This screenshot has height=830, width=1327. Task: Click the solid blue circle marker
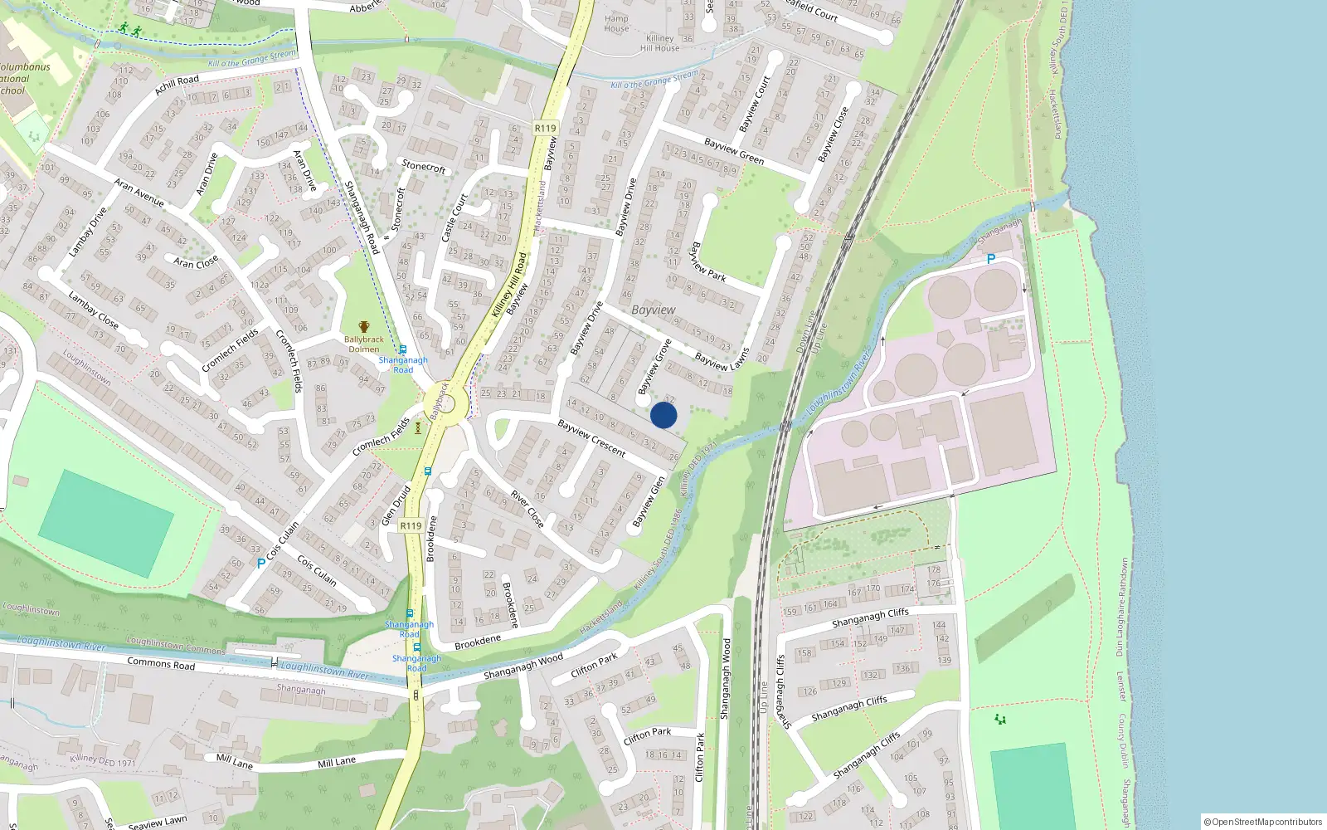pyautogui.click(x=663, y=415)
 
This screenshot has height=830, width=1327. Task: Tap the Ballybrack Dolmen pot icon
pyautogui.click(x=364, y=327)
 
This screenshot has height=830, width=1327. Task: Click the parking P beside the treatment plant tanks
pyautogui.click(x=990, y=260)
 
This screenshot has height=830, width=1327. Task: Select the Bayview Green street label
pyautogui.click(x=733, y=152)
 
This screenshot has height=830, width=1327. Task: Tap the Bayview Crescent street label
pyautogui.click(x=591, y=437)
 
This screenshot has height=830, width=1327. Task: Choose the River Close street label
pyautogui.click(x=527, y=508)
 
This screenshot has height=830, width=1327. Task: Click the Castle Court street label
pyautogui.click(x=454, y=217)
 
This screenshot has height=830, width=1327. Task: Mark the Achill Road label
pyautogui.click(x=177, y=85)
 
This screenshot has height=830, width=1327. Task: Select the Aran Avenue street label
pyautogui.click(x=139, y=193)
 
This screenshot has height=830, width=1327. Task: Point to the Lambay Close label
pyautogui.click(x=93, y=310)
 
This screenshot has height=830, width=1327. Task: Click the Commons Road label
pyautogui.click(x=161, y=664)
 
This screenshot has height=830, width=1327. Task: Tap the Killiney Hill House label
pyautogui.click(x=660, y=43)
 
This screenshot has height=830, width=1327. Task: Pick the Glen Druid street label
pyautogui.click(x=396, y=506)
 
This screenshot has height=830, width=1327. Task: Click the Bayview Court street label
pyautogui.click(x=754, y=105)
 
